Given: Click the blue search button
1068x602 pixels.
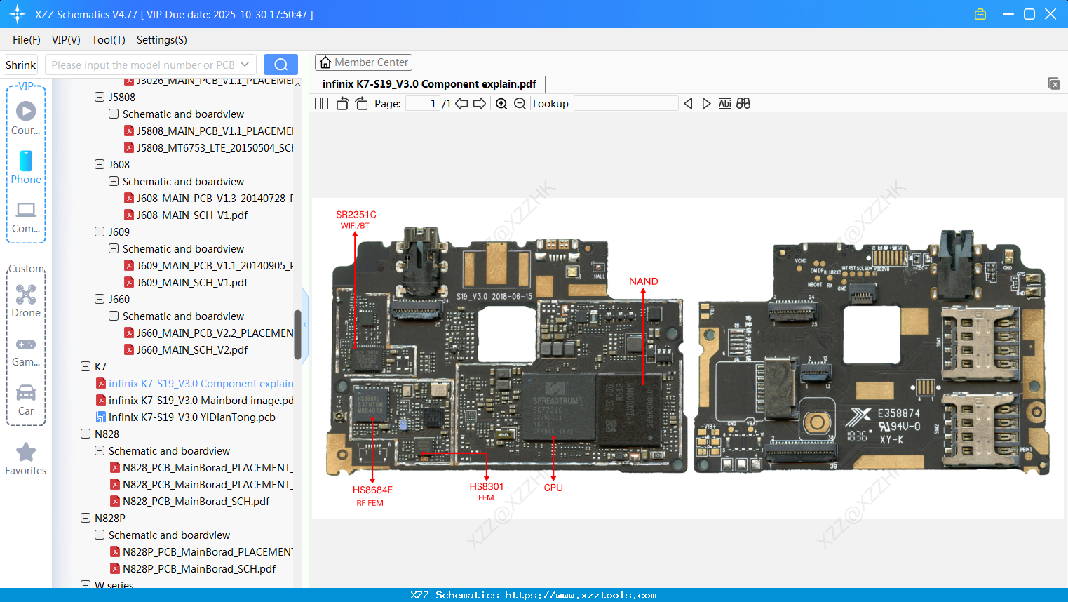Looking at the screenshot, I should pyautogui.click(x=280, y=65).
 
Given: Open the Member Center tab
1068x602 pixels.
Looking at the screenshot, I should pyautogui.click(x=363, y=62).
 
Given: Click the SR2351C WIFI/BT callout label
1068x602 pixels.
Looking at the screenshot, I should pyautogui.click(x=356, y=219).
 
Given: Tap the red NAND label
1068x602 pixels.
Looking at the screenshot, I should pyautogui.click(x=643, y=281).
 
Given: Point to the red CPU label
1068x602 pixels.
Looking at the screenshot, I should pyautogui.click(x=553, y=488).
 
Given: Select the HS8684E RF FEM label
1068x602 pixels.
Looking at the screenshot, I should pyautogui.click(x=372, y=495).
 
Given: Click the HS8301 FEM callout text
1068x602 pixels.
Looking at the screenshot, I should pyautogui.click(x=487, y=491).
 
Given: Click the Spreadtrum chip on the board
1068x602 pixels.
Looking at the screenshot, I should pyautogui.click(x=556, y=411).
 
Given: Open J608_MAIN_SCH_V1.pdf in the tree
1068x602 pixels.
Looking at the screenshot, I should pyautogui.click(x=191, y=215).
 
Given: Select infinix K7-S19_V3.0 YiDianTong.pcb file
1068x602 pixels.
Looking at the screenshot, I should pyautogui.click(x=191, y=417).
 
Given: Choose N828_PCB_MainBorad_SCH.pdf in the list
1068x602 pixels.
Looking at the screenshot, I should pyautogui.click(x=196, y=502).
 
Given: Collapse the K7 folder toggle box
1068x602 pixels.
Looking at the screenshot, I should pyautogui.click(x=86, y=367).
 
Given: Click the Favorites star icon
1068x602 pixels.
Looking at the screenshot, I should pyautogui.click(x=26, y=453).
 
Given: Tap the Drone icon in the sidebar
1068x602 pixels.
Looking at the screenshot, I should pyautogui.click(x=26, y=295).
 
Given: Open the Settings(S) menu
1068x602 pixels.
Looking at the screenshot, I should pyautogui.click(x=161, y=40).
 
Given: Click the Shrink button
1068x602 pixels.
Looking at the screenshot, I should pyautogui.click(x=21, y=65).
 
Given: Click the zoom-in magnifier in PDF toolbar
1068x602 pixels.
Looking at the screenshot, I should pyautogui.click(x=501, y=104).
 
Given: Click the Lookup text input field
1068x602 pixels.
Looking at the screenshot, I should pyautogui.click(x=626, y=104).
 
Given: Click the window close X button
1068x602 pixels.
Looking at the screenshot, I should pyautogui.click(x=1050, y=14).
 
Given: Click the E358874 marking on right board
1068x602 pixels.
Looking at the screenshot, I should pyautogui.click(x=898, y=413).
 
